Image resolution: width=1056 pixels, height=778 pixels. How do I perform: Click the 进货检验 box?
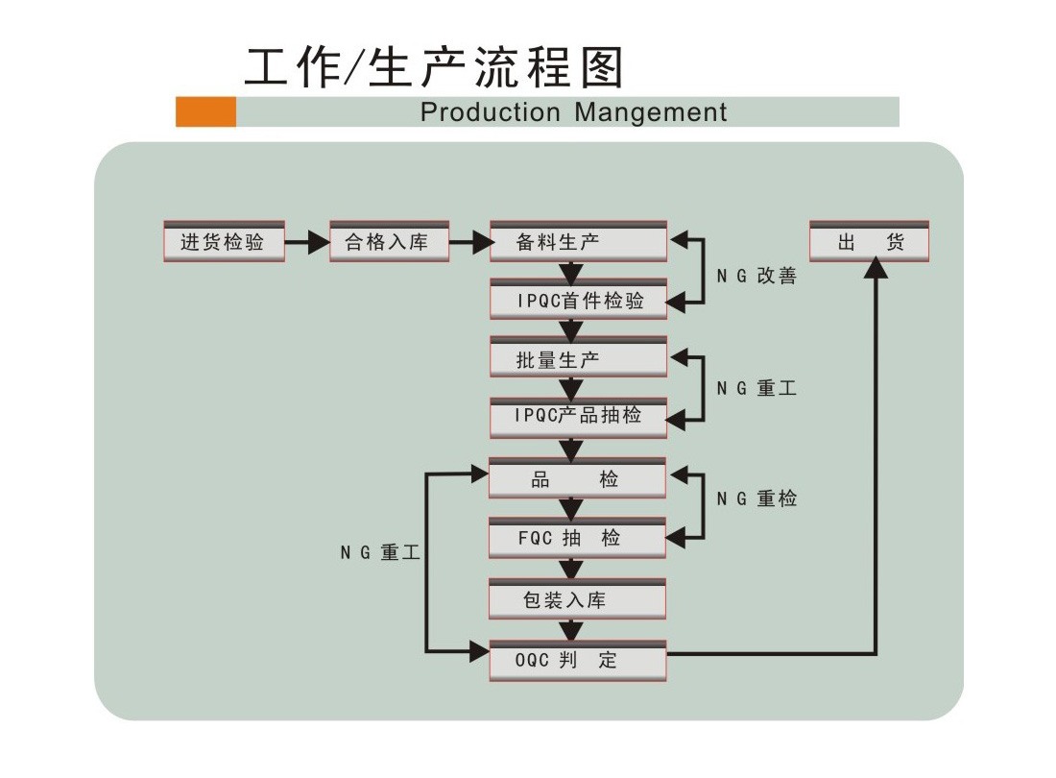tap(224, 242)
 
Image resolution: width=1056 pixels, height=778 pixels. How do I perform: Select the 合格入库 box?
tap(389, 242)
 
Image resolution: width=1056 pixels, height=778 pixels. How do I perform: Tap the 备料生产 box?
tap(578, 242)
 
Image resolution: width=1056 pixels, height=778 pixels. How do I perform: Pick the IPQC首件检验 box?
tap(578, 301)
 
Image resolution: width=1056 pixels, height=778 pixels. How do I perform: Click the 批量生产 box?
tap(578, 359)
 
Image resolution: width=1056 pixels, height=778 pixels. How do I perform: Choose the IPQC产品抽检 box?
tap(578, 417)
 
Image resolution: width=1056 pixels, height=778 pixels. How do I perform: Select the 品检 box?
tap(578, 479)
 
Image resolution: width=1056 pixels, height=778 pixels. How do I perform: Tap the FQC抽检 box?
tap(578, 539)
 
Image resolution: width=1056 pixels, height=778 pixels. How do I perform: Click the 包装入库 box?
tap(578, 600)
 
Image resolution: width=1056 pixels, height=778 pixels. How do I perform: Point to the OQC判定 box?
tap(578, 661)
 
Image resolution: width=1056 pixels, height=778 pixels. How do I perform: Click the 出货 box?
tap(869, 242)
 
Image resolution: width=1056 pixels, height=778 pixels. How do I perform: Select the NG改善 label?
tap(756, 277)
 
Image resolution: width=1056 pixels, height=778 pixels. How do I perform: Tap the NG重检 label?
tap(756, 499)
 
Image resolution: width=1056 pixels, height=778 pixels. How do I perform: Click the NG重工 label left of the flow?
tap(380, 553)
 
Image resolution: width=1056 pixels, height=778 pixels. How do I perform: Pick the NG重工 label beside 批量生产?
tap(756, 389)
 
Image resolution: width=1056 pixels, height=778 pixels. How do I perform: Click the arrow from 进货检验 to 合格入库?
tap(307, 242)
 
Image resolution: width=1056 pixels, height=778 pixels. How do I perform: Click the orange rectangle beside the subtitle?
tap(205, 111)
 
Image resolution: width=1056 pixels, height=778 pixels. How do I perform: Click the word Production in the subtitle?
tap(491, 112)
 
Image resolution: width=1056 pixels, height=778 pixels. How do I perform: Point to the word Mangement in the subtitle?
tap(651, 112)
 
